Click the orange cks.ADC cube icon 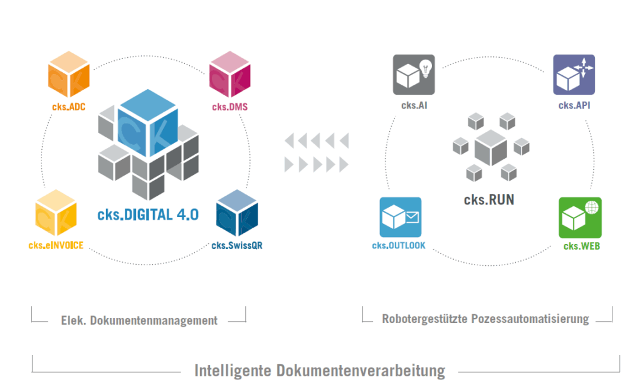(x=69, y=77)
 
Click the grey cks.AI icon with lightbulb (x=413, y=75)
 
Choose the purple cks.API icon (x=574, y=75)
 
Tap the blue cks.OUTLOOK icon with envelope (x=400, y=217)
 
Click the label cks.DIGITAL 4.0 (x=148, y=215)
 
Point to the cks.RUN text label (x=489, y=200)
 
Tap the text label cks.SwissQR (x=236, y=245)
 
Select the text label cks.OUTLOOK (x=399, y=245)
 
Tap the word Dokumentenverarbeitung (x=360, y=370)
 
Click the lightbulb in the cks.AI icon (x=425, y=68)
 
